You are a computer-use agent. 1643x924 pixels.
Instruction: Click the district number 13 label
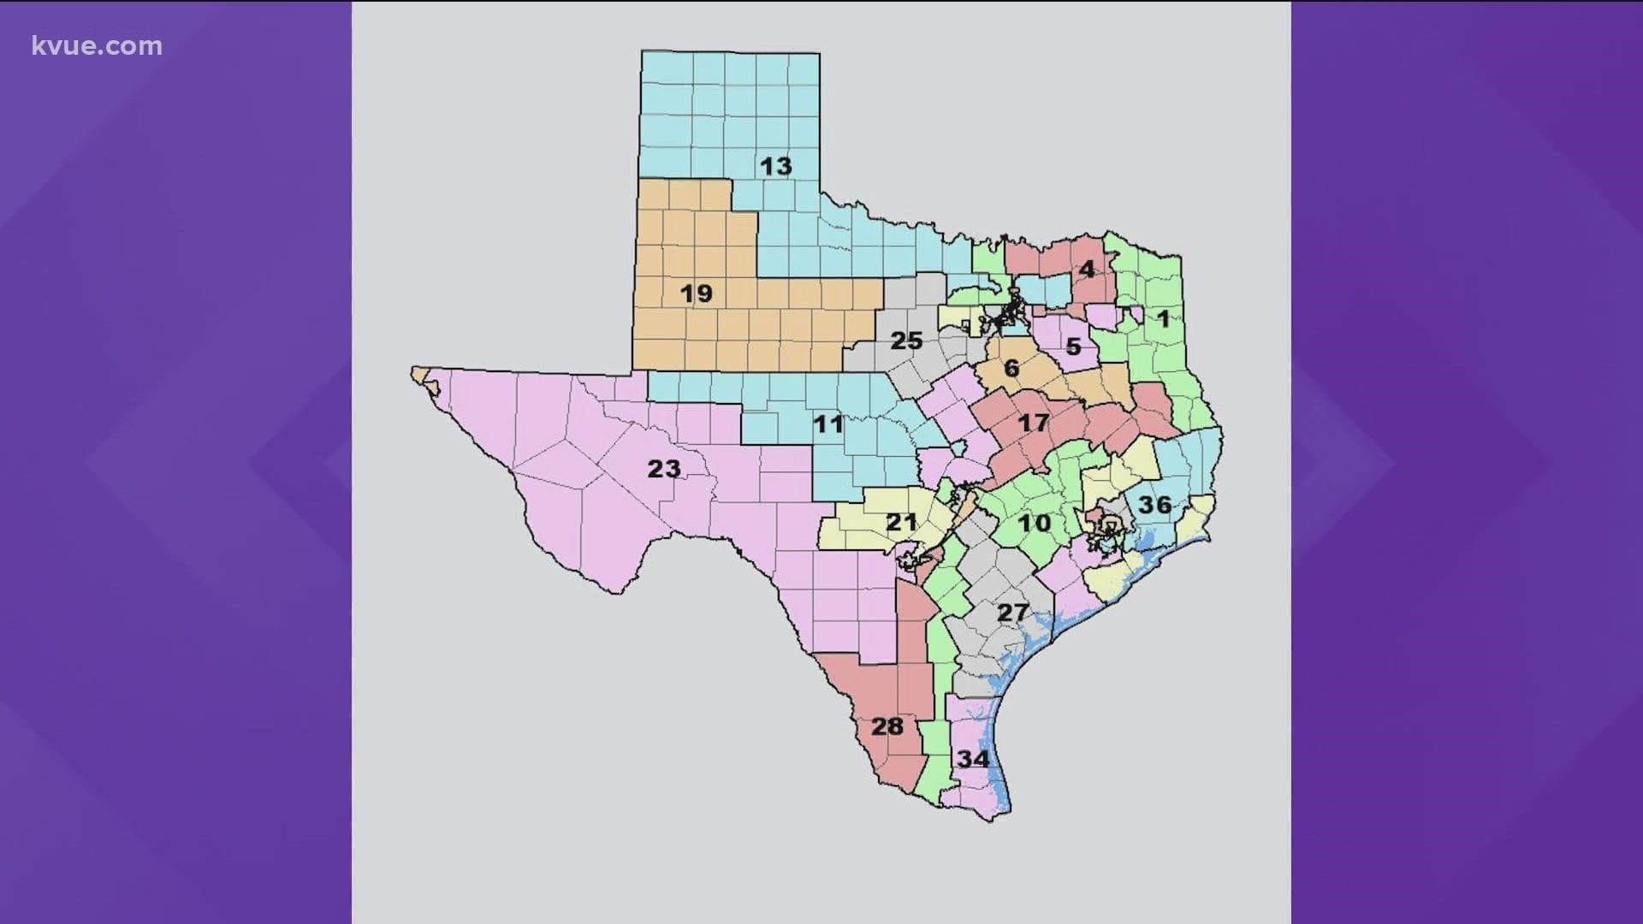pyautogui.click(x=776, y=166)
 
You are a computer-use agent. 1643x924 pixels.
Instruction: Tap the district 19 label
pyautogui.click(x=697, y=293)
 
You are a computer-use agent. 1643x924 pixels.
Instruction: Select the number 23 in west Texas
pyautogui.click(x=664, y=468)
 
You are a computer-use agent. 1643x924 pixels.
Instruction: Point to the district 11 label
pyautogui.click(x=827, y=423)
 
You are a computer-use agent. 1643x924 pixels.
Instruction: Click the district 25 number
pyautogui.click(x=906, y=341)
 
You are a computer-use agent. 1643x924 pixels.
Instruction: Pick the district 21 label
pyautogui.click(x=901, y=521)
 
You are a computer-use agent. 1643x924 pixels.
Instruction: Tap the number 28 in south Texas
pyautogui.click(x=887, y=726)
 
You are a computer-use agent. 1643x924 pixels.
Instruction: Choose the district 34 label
pyautogui.click(x=973, y=759)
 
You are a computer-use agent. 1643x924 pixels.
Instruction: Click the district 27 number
pyautogui.click(x=1012, y=613)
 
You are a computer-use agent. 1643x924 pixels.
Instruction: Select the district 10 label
pyautogui.click(x=1034, y=522)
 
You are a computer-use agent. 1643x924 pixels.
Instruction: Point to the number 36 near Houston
pyautogui.click(x=1154, y=504)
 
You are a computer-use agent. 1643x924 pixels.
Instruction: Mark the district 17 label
pyautogui.click(x=1033, y=422)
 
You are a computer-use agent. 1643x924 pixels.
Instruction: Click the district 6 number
pyautogui.click(x=1011, y=368)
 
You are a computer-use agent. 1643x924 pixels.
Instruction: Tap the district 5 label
pyautogui.click(x=1073, y=346)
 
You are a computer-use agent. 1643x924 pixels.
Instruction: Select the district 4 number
pyautogui.click(x=1086, y=269)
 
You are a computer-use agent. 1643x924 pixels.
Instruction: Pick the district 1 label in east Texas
pyautogui.click(x=1162, y=319)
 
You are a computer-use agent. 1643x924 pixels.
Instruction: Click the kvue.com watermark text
pyautogui.click(x=97, y=46)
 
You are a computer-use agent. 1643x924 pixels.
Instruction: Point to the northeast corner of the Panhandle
pyautogui.click(x=818, y=56)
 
